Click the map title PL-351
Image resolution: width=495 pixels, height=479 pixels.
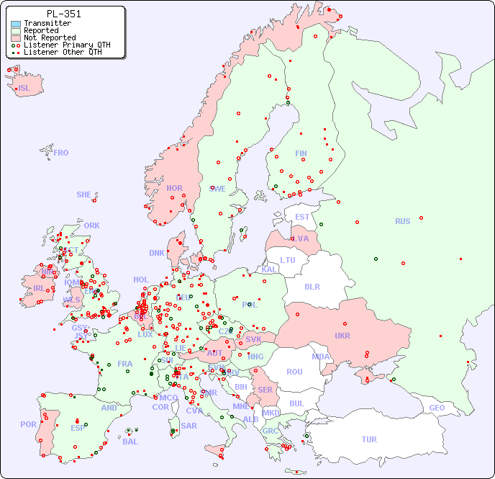click(x=63, y=14)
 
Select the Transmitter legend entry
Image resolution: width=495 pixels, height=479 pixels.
click(x=47, y=23)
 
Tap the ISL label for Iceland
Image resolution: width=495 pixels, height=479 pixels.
click(x=24, y=89)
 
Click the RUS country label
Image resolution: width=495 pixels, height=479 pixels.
click(x=402, y=221)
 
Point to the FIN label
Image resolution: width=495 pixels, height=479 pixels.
click(x=301, y=153)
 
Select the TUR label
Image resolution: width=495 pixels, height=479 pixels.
click(x=369, y=439)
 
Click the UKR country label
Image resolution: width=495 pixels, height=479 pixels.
click(x=342, y=336)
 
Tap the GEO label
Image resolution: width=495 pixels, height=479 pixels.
click(x=437, y=408)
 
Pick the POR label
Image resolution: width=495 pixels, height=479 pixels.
click(x=28, y=424)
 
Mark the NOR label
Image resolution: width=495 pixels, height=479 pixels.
click(x=174, y=188)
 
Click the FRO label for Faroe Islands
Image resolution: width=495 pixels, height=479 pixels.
click(x=61, y=153)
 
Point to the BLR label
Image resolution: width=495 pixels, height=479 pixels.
click(x=312, y=286)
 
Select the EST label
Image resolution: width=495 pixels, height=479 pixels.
click(x=302, y=217)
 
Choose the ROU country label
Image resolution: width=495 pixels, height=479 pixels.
click(x=294, y=372)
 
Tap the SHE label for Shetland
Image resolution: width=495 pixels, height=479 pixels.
click(x=84, y=194)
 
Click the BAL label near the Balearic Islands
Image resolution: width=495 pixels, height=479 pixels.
click(x=130, y=442)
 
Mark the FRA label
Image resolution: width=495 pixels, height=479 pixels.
click(x=125, y=364)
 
